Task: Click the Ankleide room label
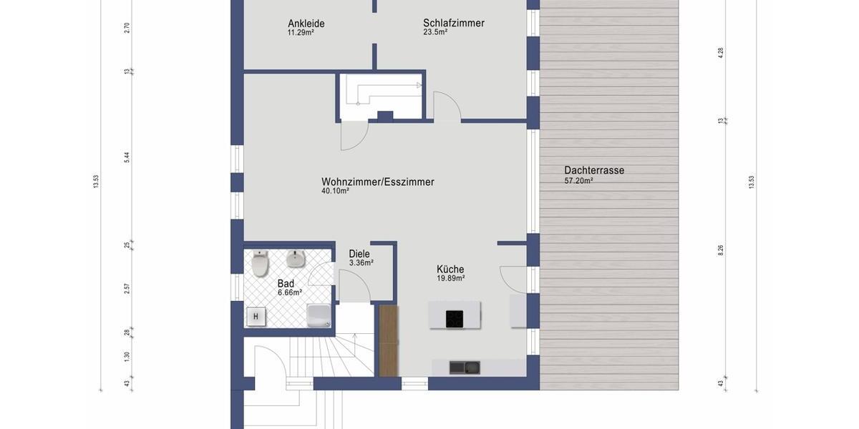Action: (306, 24)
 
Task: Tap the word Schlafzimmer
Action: (453, 23)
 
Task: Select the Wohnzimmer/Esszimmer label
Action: (377, 182)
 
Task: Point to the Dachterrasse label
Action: (593, 170)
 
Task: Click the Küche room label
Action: (450, 269)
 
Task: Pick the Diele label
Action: (359, 253)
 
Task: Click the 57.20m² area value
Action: (578, 181)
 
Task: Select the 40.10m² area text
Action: (335, 191)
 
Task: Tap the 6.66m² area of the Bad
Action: (289, 292)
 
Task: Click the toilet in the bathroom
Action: (259, 265)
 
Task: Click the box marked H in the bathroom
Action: (256, 316)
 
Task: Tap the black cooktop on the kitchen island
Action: (454, 318)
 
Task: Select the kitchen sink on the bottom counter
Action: (464, 368)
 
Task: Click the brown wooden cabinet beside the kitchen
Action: (388, 340)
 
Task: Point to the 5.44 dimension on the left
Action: (127, 157)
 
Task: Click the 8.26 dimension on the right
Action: (721, 250)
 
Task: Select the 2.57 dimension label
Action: (127, 288)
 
